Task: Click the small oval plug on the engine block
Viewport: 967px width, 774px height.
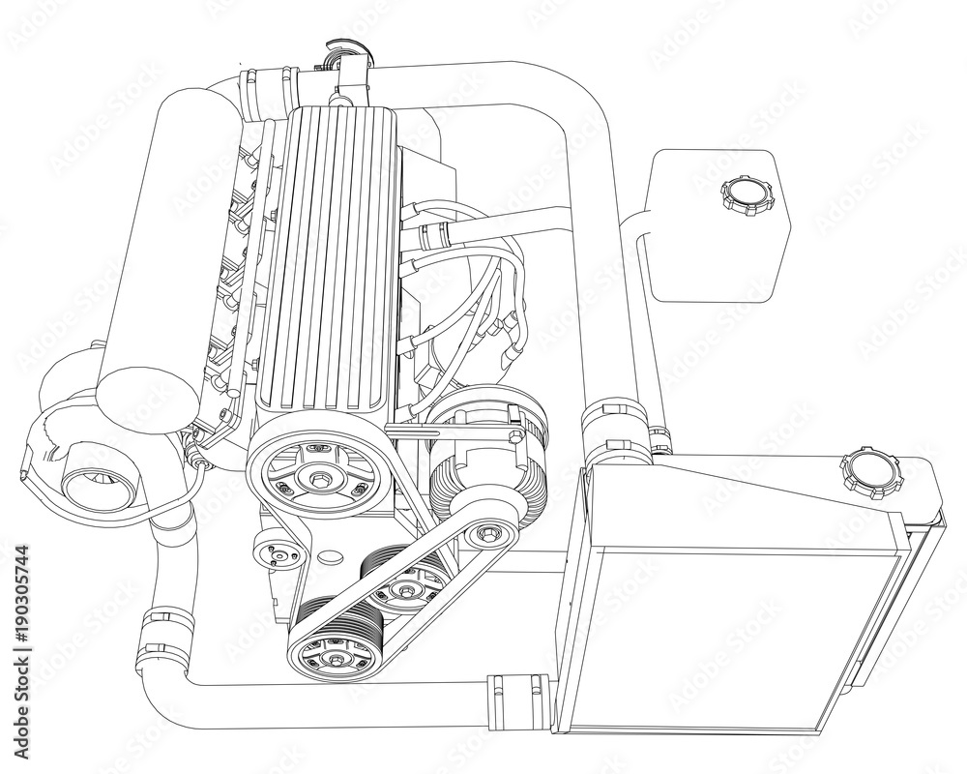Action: pos(330,558)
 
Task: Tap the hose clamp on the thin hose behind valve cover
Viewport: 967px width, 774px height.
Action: pos(433,232)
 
